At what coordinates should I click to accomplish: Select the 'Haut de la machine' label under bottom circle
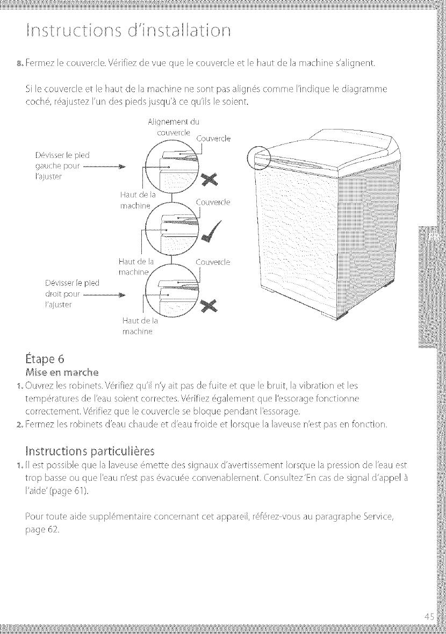coord(139,326)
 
